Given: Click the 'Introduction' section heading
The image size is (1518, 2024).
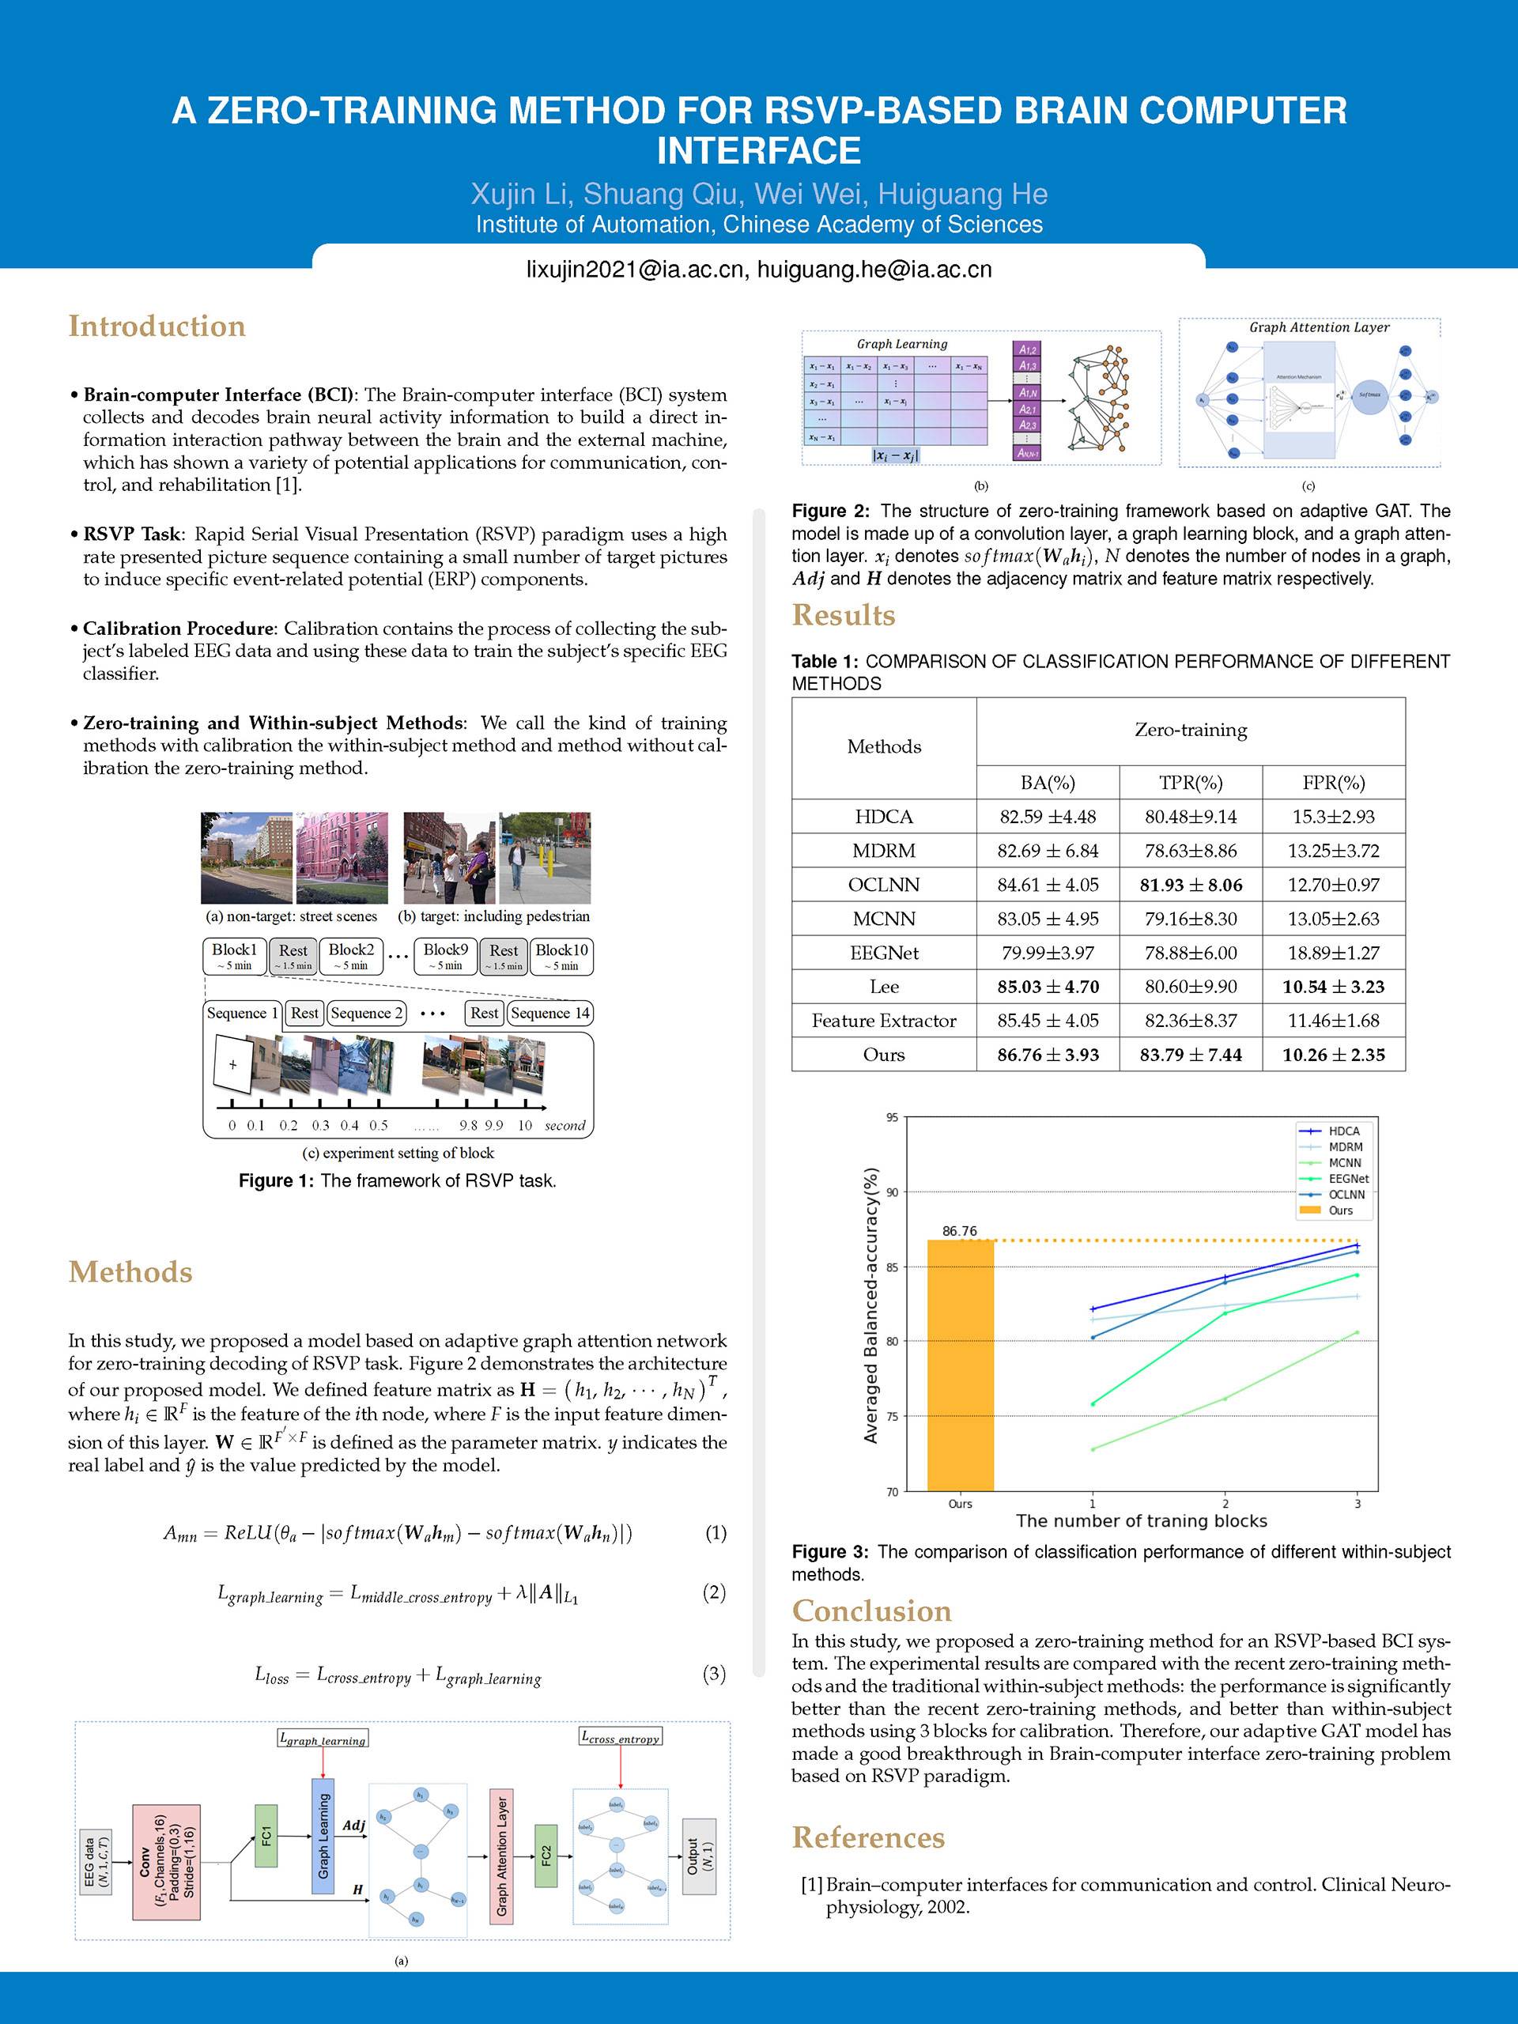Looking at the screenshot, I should point(157,326).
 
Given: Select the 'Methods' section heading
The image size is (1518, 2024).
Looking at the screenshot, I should point(130,1272).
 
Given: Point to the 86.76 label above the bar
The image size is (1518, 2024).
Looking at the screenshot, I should point(959,1231).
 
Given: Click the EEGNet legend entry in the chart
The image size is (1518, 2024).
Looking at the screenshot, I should point(1348,1179).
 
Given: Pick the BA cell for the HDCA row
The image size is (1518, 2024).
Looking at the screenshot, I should point(1047,816).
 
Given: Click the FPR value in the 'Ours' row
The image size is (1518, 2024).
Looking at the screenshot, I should point(1332,1054).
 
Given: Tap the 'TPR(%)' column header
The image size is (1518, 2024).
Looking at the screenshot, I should point(1190,783).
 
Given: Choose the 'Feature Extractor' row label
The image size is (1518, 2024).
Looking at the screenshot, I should point(884,1020).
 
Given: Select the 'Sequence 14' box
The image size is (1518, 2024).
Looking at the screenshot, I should point(550,1013).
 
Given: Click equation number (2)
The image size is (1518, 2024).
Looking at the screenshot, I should point(714,1592).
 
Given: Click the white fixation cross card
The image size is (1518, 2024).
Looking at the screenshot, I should point(233,1065).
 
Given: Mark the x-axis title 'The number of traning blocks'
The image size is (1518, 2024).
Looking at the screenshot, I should point(1141,1520).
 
